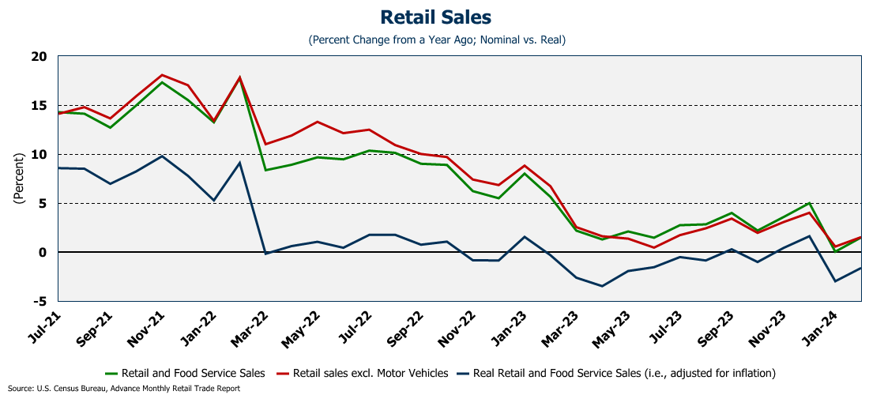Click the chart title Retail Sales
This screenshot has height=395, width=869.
[435, 17]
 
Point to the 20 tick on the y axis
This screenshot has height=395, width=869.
[39, 57]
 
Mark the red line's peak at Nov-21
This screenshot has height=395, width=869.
[162, 75]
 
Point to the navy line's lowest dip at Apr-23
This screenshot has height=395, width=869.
[603, 286]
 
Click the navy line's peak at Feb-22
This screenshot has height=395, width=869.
[239, 163]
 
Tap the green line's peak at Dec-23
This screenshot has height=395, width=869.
[809, 203]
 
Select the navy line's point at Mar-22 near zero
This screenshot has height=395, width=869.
[265, 254]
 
